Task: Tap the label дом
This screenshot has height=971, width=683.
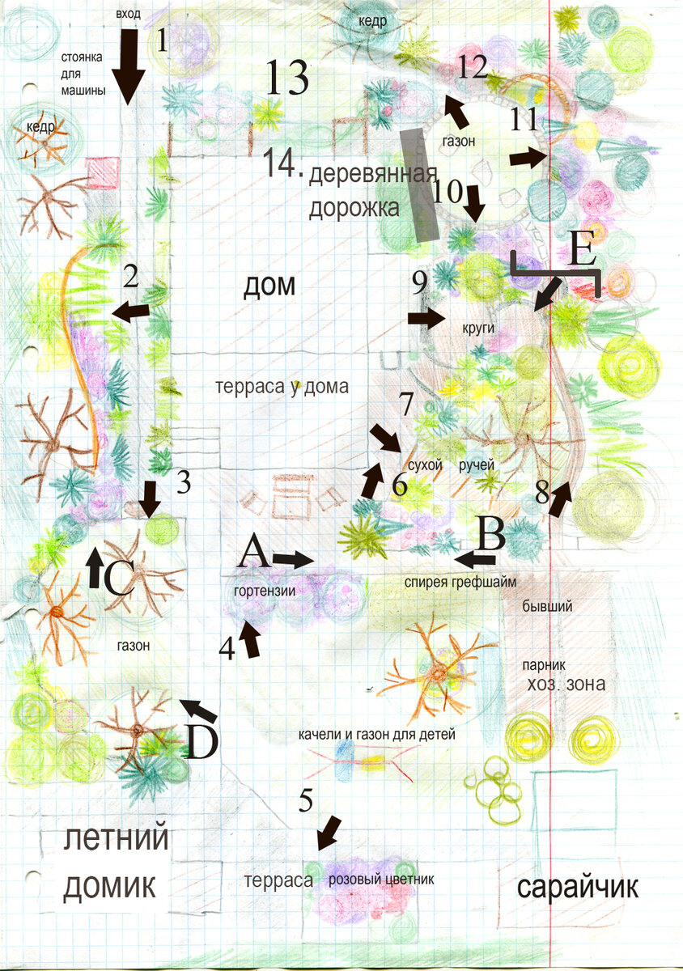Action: (x=269, y=286)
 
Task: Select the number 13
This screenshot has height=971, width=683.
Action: (x=287, y=77)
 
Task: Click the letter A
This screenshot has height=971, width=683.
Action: (x=253, y=550)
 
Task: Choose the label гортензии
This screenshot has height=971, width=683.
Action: (x=265, y=591)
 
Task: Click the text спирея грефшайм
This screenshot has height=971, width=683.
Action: (x=460, y=582)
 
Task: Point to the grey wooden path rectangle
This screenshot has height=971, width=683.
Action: (x=419, y=184)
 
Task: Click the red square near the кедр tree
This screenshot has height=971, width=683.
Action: (x=102, y=173)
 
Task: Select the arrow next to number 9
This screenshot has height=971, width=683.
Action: (x=426, y=319)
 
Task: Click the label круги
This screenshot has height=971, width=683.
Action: (x=478, y=329)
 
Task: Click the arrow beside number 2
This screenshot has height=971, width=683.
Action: (x=130, y=312)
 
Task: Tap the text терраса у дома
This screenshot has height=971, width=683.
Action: (x=282, y=386)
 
